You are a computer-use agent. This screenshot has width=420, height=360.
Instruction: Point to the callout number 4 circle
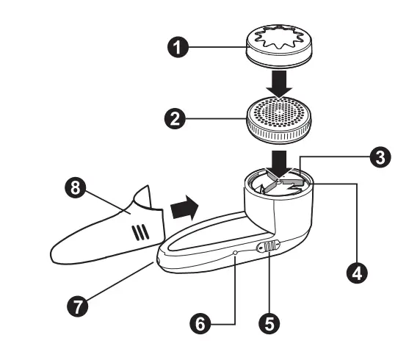click(x=357, y=272)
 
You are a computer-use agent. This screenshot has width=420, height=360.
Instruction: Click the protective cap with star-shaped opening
click(x=279, y=44)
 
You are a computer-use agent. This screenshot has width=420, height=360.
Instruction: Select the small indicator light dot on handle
click(x=235, y=252)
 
